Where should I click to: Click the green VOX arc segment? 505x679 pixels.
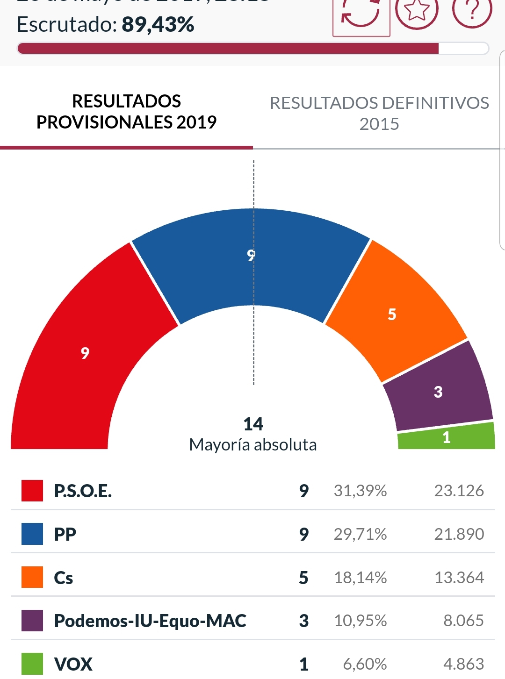pyautogui.click(x=447, y=437)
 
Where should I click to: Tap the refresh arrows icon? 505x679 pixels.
pyautogui.click(x=361, y=14)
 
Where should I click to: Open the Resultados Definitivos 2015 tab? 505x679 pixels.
pyautogui.click(x=379, y=113)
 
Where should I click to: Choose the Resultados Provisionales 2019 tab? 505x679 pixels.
pyautogui.click(x=126, y=112)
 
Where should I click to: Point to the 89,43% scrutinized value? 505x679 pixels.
pyautogui.click(x=158, y=25)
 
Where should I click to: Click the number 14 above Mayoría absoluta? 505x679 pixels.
pyautogui.click(x=253, y=424)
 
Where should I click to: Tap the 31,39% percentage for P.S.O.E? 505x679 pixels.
pyautogui.click(x=360, y=491)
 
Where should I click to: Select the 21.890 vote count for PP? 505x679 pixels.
pyautogui.click(x=459, y=534)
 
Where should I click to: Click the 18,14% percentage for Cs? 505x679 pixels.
pyautogui.click(x=360, y=578)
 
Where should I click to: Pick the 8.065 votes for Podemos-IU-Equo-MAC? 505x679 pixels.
pyautogui.click(x=463, y=621)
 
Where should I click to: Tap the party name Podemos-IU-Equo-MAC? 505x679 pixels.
pyautogui.click(x=150, y=621)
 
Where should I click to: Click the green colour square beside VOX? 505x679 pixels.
pyautogui.click(x=32, y=664)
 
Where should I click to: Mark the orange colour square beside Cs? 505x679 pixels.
pyautogui.click(x=32, y=577)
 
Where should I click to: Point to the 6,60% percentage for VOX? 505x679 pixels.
pyautogui.click(x=365, y=664)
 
